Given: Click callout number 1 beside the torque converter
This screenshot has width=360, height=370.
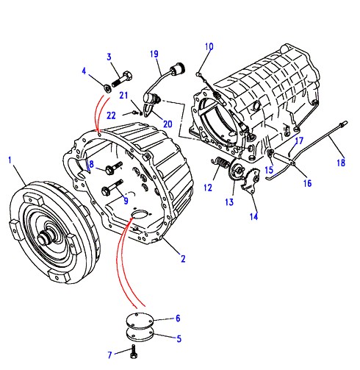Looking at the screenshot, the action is pyautogui.click(x=10, y=160).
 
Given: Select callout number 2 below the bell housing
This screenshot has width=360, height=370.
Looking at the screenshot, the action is pyautogui.click(x=183, y=259).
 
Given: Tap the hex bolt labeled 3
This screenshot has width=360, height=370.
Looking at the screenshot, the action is pyautogui.click(x=122, y=79).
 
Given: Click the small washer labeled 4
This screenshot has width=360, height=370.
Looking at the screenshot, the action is pyautogui.click(x=107, y=88).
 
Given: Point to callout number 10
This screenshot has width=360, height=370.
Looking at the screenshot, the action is pyautogui.click(x=209, y=46).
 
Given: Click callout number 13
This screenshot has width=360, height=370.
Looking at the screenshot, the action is pyautogui.click(x=229, y=202).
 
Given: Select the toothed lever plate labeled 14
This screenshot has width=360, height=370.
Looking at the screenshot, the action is pyautogui.click(x=251, y=181).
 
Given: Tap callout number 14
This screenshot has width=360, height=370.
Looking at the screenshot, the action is pyautogui.click(x=253, y=216).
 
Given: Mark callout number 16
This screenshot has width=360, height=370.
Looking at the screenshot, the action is pyautogui.click(x=307, y=183).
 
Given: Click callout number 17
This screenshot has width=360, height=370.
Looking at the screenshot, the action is pyautogui.click(x=299, y=140).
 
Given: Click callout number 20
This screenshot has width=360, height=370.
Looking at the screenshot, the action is pyautogui.click(x=168, y=124).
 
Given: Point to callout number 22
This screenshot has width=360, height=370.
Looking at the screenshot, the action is pyautogui.click(x=111, y=115).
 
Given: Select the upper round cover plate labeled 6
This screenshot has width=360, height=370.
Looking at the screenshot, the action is pyautogui.click(x=140, y=319).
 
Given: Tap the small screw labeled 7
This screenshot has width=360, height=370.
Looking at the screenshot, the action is pyautogui.click(x=134, y=352).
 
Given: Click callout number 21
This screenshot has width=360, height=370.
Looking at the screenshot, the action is pyautogui.click(x=123, y=95).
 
